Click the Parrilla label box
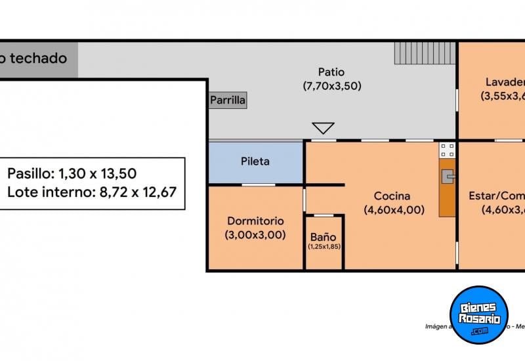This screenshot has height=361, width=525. tap(228, 100)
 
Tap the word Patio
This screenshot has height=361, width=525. tap(331, 72)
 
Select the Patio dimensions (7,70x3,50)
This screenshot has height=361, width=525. tap(331, 86)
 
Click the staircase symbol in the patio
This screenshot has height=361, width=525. tap(424, 53)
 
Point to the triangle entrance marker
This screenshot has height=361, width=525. tap(323, 128)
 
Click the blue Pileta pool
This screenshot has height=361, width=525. tap(255, 162)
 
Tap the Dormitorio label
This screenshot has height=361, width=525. tap(255, 221)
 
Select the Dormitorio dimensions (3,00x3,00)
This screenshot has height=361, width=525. tap(255, 235)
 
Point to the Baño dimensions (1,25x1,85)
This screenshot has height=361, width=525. tap(324, 247)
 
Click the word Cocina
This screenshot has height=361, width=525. tap(392, 196)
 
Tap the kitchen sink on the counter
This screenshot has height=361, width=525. tap(449, 175)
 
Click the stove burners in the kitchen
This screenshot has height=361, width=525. tap(448, 150)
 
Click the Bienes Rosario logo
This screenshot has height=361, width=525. tap(480, 315)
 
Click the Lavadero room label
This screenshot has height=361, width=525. tap(505, 82)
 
